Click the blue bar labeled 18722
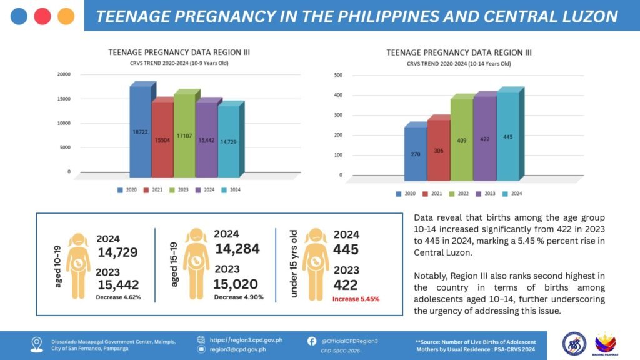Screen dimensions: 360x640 pyautogui.click(x=141, y=131)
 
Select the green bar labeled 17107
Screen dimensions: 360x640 pyautogui.click(x=184, y=136)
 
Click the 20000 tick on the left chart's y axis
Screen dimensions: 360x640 pyautogui.click(x=64, y=74)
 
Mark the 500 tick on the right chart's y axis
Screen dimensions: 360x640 pyautogui.click(x=338, y=75)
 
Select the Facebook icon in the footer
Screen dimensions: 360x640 pyautogui.click(x=311, y=341)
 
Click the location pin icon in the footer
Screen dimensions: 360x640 pyautogui.click(x=37, y=345)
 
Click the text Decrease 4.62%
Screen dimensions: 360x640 pyautogui.click(x=118, y=297)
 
